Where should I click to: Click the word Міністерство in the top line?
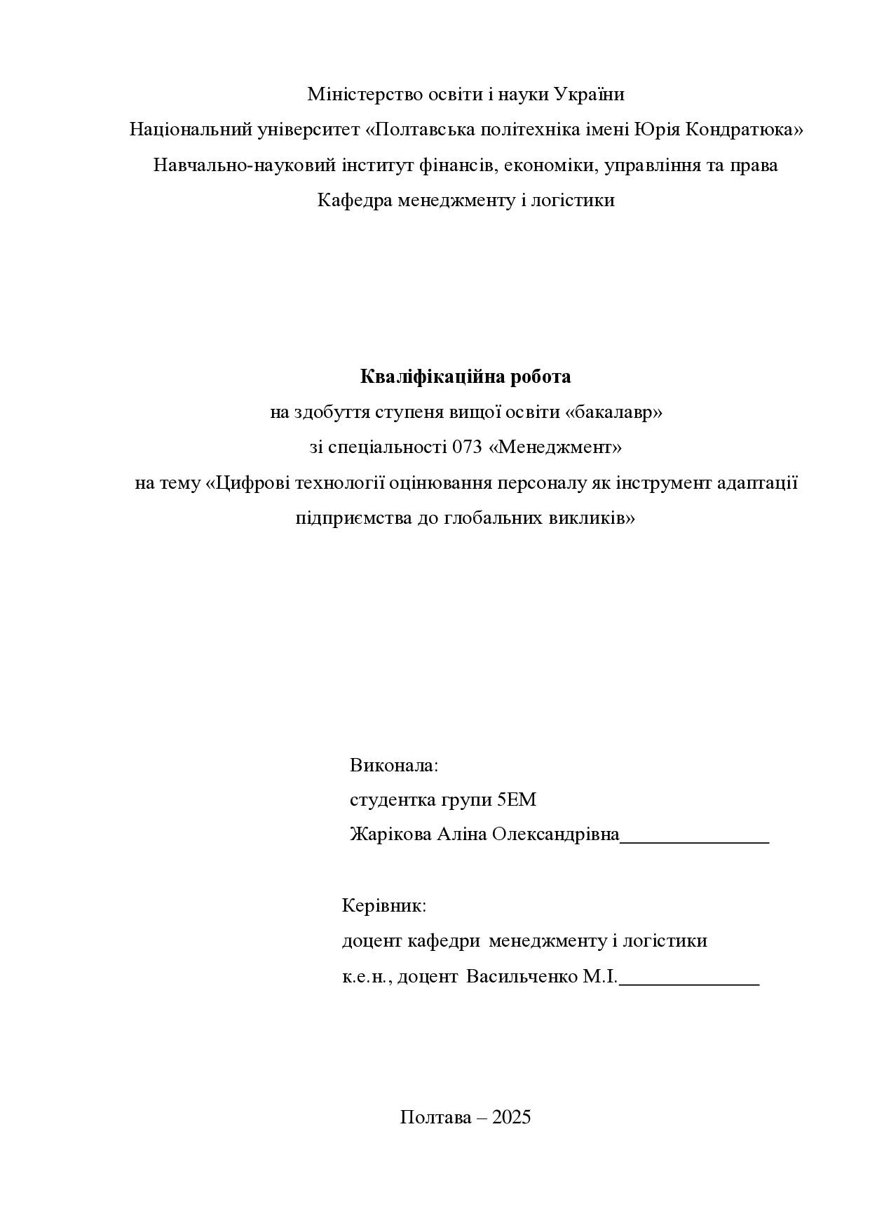[x=365, y=94]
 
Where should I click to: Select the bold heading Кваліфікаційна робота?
[x=465, y=377]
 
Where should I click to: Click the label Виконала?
[x=394, y=765]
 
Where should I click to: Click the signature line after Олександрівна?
[x=695, y=839]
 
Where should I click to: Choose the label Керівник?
[x=384, y=905]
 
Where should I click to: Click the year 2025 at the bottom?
[x=512, y=1117]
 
